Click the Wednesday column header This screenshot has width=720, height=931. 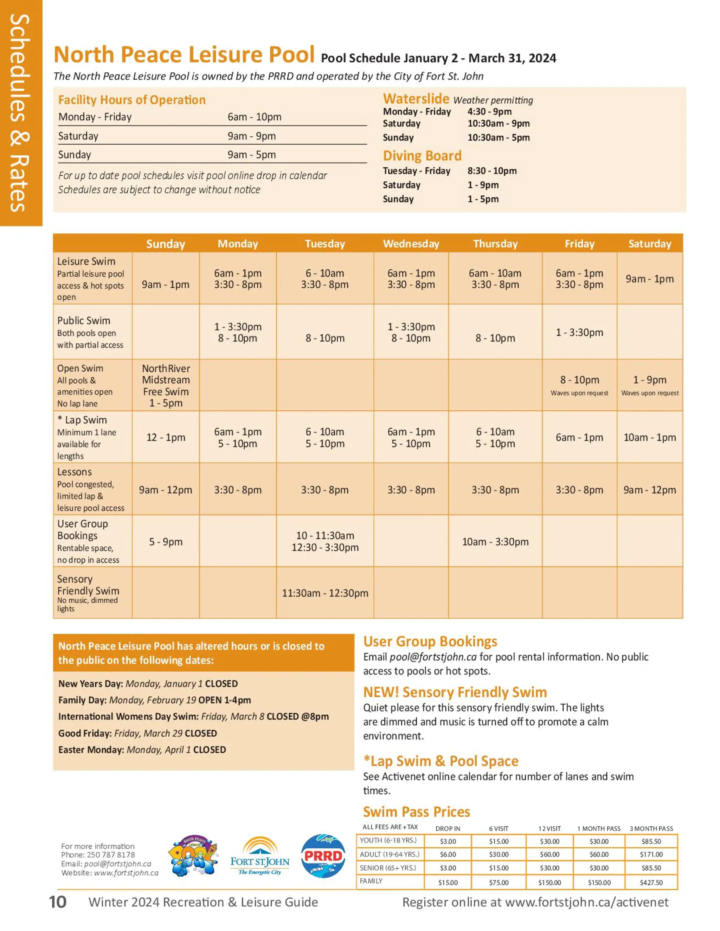(411, 243)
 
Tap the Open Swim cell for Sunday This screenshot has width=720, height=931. (166, 385)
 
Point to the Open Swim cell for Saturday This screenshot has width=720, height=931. (649, 385)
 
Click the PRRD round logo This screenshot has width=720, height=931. (323, 855)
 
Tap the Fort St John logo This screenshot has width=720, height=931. (260, 857)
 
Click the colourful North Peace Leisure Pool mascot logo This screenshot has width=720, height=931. (194, 855)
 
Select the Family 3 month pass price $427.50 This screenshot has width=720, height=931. (651, 883)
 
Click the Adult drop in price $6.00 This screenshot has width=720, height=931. (448, 854)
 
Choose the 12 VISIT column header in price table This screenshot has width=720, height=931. (549, 828)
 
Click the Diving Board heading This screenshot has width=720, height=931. (422, 156)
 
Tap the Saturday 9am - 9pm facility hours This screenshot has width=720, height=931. (251, 136)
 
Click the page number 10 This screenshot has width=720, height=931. (58, 902)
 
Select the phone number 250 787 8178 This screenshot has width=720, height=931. (110, 855)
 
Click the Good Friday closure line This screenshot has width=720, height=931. (137, 733)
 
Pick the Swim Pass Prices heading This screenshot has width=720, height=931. (416, 812)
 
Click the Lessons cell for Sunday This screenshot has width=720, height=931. (166, 489)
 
